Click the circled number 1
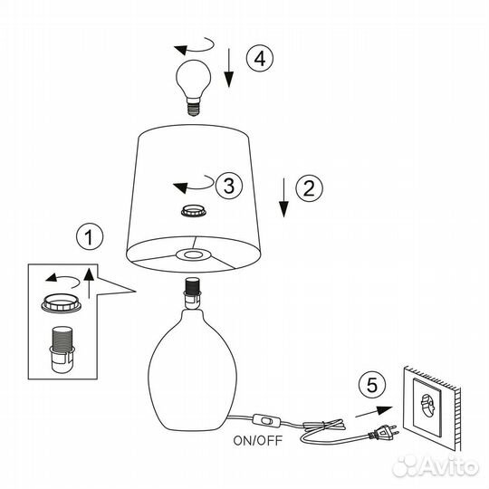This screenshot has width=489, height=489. coord(90,236)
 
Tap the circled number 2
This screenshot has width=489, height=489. coord(309,187)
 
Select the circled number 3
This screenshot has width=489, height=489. coord(229,186)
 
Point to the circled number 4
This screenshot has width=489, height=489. coord(260,58)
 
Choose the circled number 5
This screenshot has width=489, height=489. coord(372,385)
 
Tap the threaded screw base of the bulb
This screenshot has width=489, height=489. coord(194,107)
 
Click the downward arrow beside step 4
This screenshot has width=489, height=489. coord(229,68)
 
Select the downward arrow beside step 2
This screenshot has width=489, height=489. coord(283,197)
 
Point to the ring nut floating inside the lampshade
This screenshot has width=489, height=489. coord(194,211)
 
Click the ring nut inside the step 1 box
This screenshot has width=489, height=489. coord(62,304)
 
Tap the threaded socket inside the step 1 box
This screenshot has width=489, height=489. coord(62,350)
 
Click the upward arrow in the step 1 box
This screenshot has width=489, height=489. coord(89,283)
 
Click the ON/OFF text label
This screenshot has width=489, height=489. coord(257,441)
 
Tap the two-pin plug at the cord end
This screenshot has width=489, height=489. coord(384,432)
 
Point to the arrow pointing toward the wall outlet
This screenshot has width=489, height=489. coord(374,412)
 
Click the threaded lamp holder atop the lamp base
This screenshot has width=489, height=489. coord(192,293)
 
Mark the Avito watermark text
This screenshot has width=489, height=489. coord(436,467)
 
